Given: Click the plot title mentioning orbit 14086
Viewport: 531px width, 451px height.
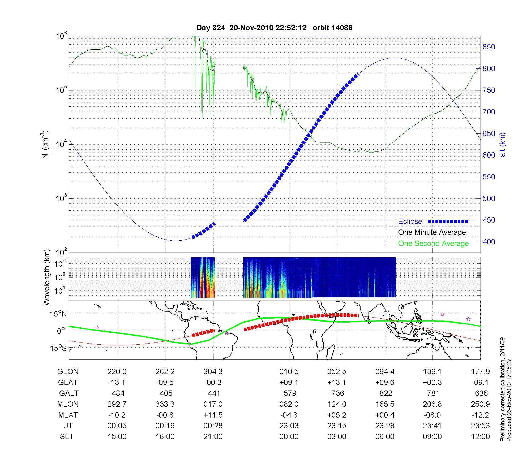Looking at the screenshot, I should [x=274, y=28].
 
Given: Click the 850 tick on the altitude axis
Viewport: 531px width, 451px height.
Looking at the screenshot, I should [x=489, y=47].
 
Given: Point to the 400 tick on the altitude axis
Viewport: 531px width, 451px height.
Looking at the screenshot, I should [x=489, y=242].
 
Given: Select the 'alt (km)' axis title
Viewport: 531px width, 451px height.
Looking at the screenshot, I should [x=503, y=145].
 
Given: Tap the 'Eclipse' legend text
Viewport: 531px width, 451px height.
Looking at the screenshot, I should [x=410, y=222].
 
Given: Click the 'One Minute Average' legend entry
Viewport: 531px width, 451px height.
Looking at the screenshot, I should [x=432, y=232].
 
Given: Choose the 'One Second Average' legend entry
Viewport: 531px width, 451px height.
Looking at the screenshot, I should [x=433, y=244].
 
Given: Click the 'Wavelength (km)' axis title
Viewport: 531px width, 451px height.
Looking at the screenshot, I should [x=47, y=277].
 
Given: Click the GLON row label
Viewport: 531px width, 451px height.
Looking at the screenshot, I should [x=68, y=372].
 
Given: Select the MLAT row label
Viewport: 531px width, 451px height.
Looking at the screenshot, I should [x=68, y=415].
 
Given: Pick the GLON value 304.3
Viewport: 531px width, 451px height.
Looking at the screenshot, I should [x=213, y=372].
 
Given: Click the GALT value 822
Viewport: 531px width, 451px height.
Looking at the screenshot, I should [x=386, y=393].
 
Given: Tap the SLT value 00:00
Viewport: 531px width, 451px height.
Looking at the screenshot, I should [x=289, y=436].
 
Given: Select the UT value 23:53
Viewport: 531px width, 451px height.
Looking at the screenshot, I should [x=480, y=426].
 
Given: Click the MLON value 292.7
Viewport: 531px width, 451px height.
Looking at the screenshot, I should [x=117, y=404].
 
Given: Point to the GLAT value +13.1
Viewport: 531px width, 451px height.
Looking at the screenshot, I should [x=337, y=383].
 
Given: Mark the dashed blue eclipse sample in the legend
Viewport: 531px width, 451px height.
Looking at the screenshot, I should [x=448, y=221].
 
